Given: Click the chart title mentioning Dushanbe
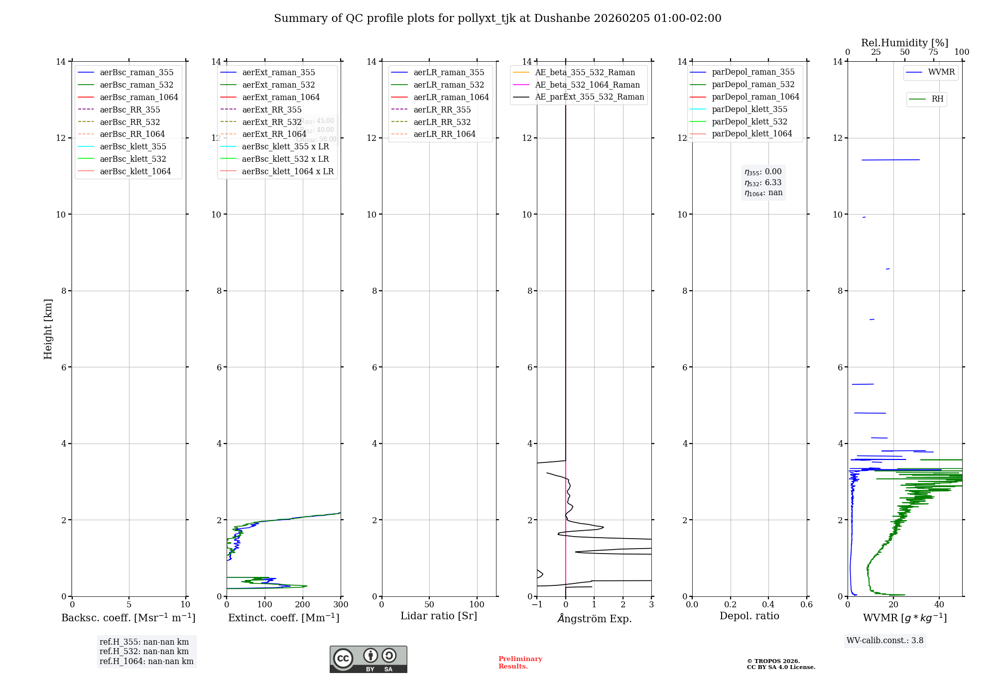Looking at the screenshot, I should coord(498,18).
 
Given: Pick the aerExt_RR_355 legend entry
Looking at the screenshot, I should coord(271,110).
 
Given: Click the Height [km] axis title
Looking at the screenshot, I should coord(48,329).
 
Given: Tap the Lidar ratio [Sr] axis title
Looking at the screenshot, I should coord(439,616).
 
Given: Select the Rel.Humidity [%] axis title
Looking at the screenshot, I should coord(904,43).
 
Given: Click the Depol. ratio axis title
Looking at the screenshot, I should coord(749,616).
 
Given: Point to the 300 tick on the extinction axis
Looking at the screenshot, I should coord(341,605).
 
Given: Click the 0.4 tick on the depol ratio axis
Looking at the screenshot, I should coord(768,605).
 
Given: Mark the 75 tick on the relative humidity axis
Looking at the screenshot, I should coord(933,52).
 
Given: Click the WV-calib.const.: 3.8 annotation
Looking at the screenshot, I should coord(884,641).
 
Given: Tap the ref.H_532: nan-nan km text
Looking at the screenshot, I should coord(144,652).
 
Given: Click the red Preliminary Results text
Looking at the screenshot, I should coord(520,663).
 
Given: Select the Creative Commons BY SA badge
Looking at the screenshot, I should coord(368,659).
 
